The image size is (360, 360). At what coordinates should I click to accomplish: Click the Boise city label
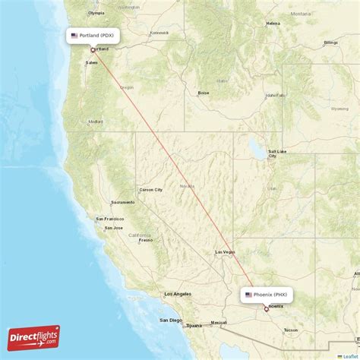coord(204,93)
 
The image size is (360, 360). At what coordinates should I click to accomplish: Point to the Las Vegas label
coord(225,251)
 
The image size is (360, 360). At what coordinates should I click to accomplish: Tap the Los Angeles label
coord(178,293)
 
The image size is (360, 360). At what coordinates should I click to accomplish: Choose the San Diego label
coord(170,320)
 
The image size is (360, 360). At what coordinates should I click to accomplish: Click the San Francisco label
coord(110,220)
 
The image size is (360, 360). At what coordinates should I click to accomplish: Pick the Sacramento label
coord(123,202)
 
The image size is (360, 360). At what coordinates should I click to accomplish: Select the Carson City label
coord(150,189)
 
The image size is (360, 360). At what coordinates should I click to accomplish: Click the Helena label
coord(273,24)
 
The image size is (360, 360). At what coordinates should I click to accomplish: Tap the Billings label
coord(330,43)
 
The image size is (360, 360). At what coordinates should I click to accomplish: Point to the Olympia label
coord(96,13)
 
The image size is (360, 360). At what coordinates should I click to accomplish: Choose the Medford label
coord(96,122)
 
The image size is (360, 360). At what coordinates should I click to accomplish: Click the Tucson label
coord(290,330)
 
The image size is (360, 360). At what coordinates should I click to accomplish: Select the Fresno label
coord(145,240)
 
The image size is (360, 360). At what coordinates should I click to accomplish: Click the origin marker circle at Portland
coord(93,51)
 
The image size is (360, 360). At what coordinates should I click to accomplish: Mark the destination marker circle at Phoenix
coord(266,309)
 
